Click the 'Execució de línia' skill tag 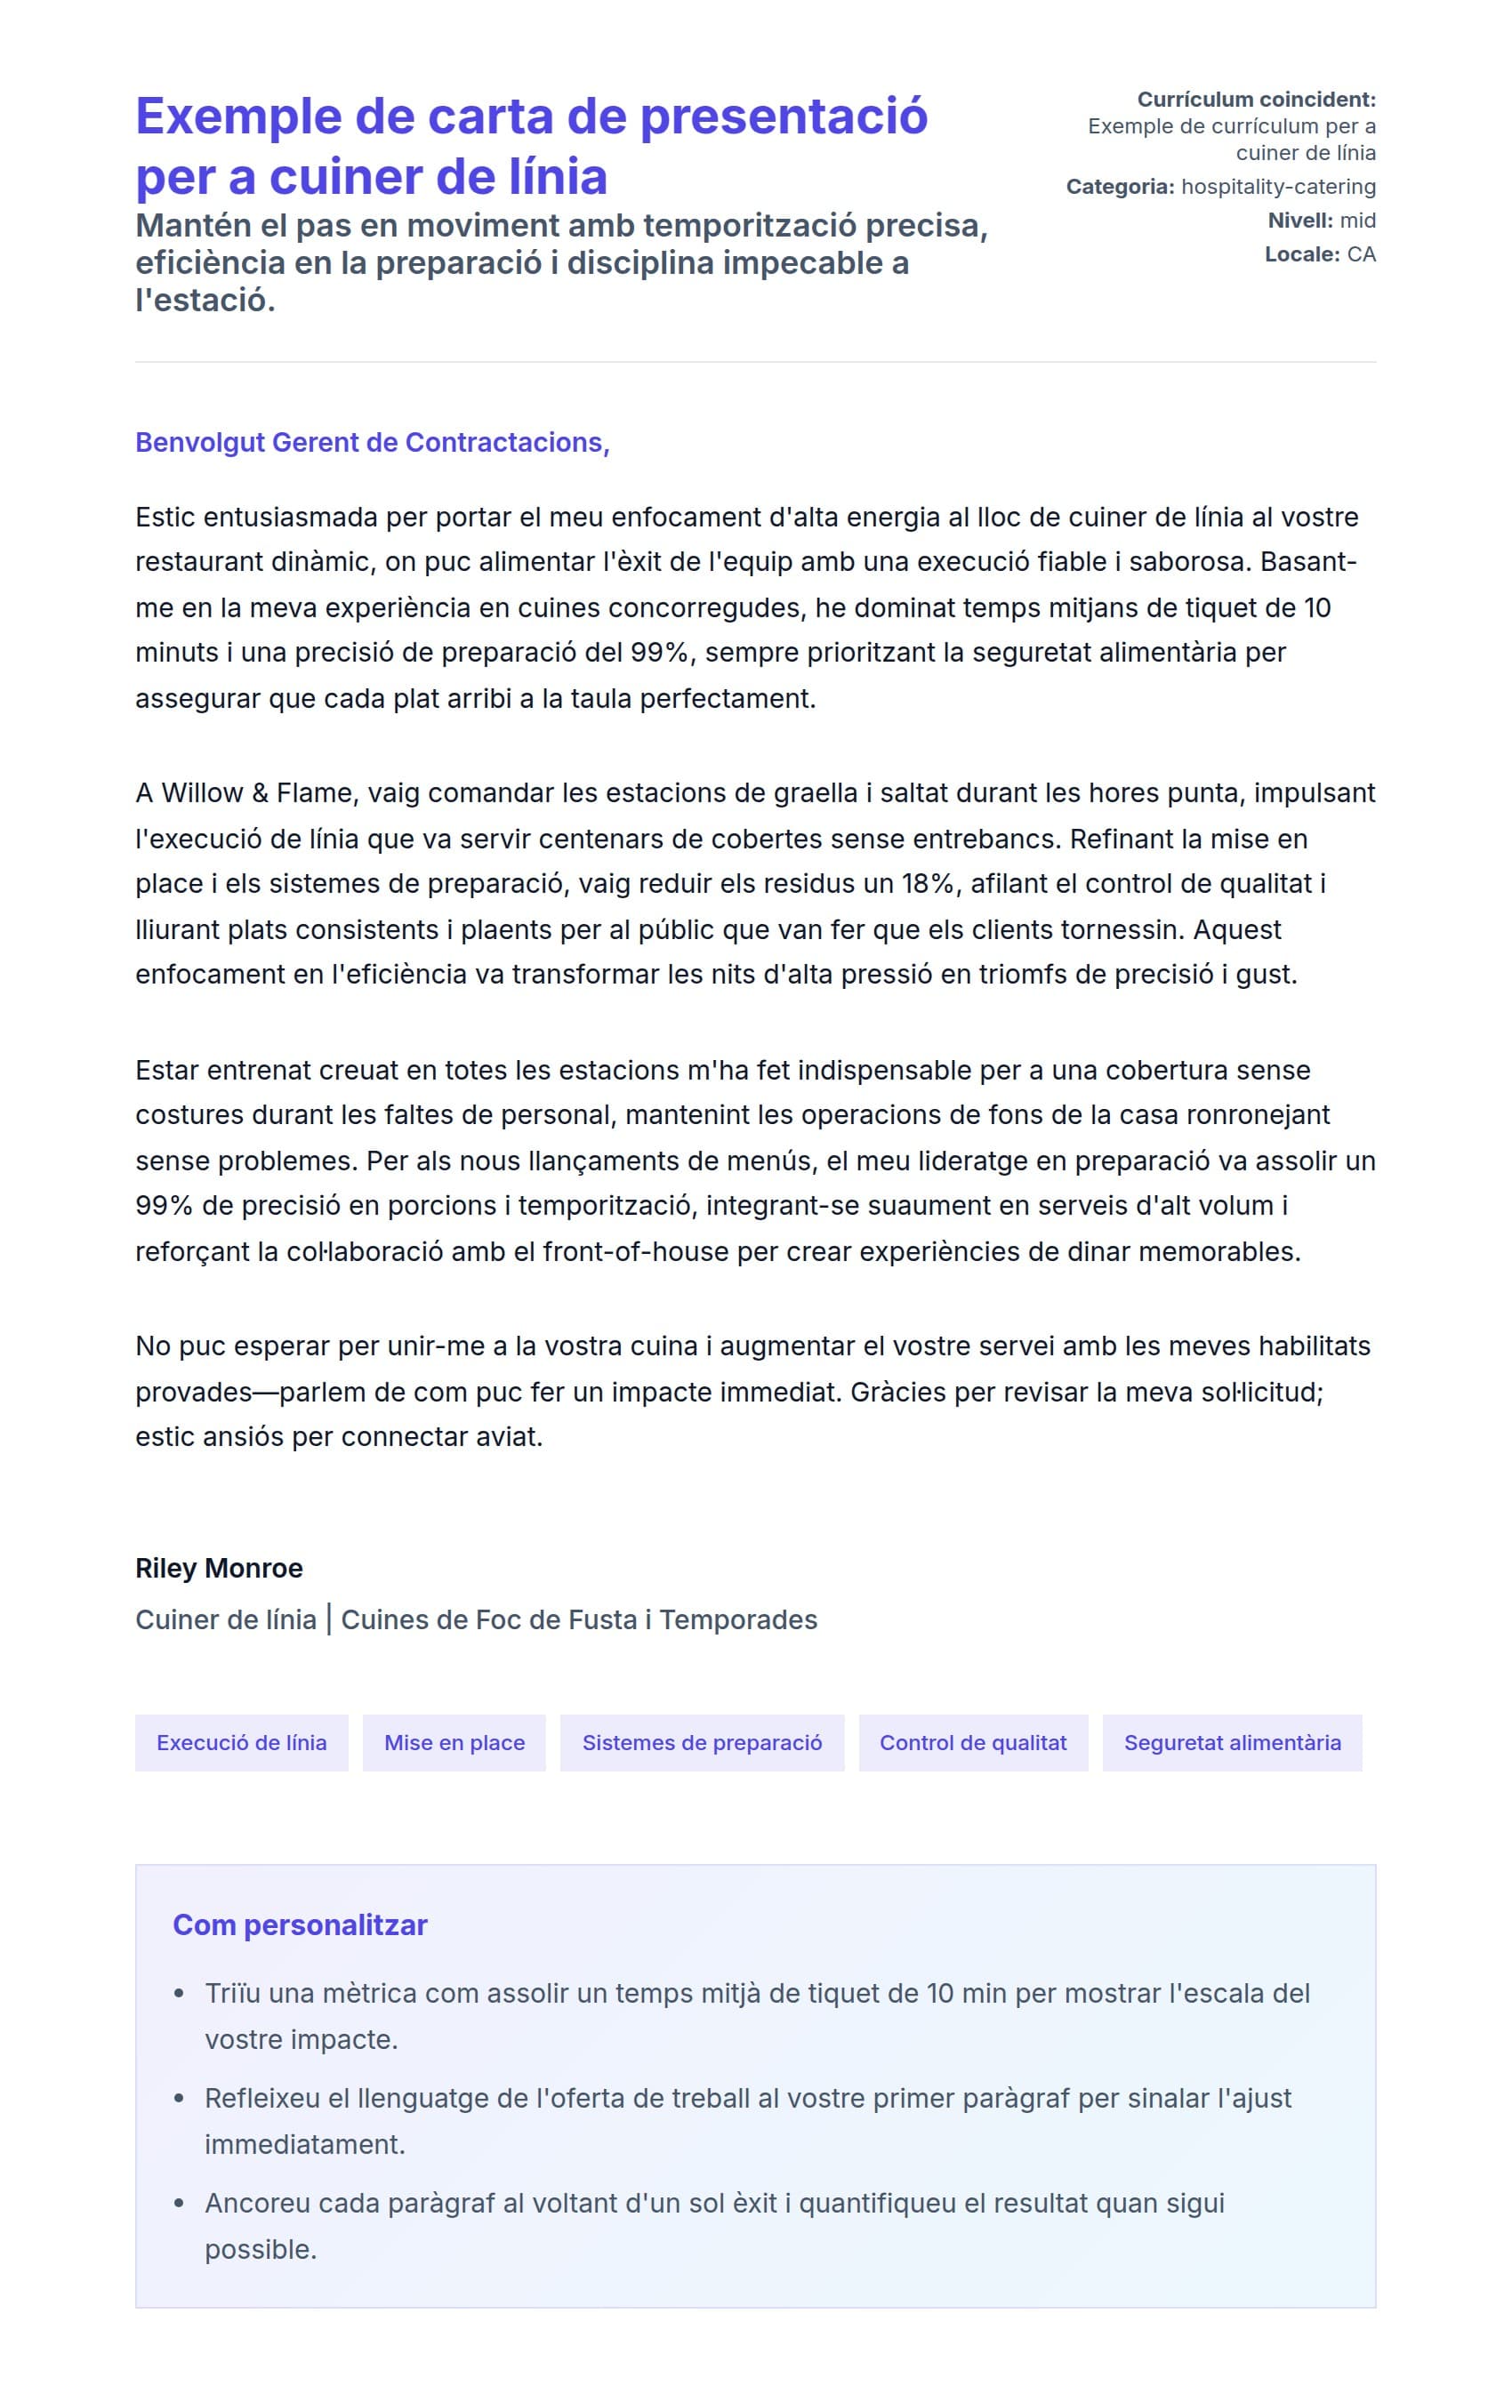pos(242,1743)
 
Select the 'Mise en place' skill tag pos(454,1743)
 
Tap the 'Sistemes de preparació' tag pos(702,1743)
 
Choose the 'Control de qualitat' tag pos(972,1743)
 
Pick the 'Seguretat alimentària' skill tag pos(1232,1743)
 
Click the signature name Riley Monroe pos(219,1568)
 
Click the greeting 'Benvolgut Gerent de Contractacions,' pos(372,442)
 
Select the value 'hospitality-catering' pos(1278,187)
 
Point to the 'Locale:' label pos(1302,254)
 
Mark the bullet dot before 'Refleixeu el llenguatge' pos(179,2099)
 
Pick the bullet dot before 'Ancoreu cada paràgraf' pos(179,2204)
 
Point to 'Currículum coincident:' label pos(1257,100)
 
